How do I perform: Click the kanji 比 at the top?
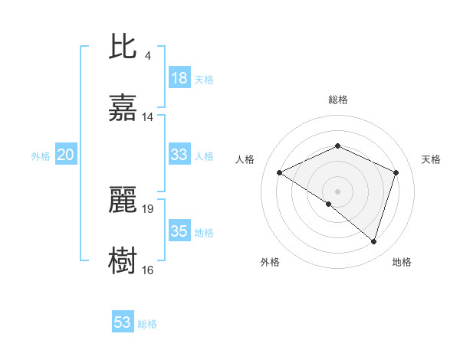123,47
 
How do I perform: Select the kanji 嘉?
123,108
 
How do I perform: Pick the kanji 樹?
123,260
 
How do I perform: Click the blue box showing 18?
179,78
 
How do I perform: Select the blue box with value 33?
179,155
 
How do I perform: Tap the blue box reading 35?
179,231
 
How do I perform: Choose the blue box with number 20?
66,155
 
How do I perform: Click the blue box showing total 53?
123,322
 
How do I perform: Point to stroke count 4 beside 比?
147,56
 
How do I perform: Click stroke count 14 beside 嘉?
148,117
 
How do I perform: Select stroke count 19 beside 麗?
148,208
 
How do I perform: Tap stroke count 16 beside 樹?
148,270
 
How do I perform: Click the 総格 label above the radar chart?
338,100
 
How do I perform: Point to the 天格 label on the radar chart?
432,159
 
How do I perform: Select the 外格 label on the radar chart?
270,262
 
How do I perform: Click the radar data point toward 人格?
280,172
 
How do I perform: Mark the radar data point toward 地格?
373,241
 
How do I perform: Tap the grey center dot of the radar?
338,191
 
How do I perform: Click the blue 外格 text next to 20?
41,156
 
